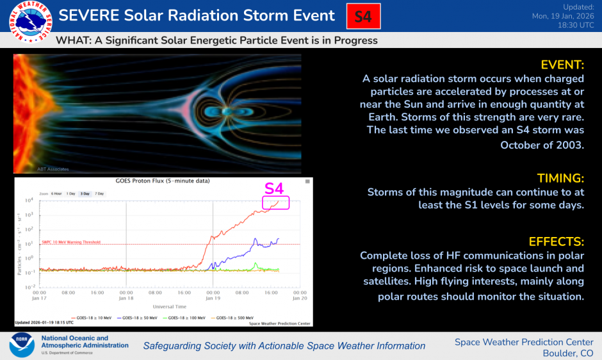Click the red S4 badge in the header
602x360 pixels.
click(363, 16)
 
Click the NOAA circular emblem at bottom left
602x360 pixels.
click(22, 345)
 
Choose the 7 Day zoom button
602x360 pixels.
click(100, 193)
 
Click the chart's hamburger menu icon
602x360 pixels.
click(307, 182)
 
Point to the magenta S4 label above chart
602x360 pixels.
click(274, 188)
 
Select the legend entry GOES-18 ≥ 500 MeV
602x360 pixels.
click(240, 317)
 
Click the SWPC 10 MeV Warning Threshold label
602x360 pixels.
click(72, 242)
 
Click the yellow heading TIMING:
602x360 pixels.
click(560, 178)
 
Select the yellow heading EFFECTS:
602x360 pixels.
click(556, 241)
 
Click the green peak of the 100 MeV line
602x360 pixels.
click(256, 263)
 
